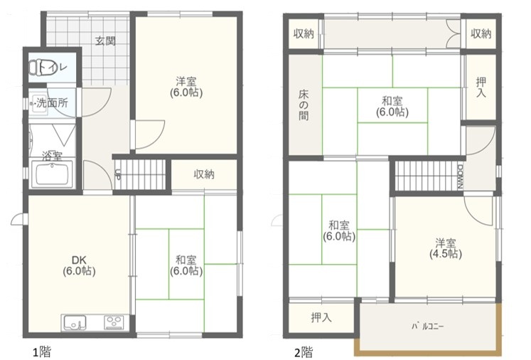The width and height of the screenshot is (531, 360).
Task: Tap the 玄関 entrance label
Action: point(105,41)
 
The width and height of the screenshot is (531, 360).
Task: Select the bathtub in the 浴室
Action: point(52,174)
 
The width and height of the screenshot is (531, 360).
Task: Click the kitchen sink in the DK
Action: point(74,322)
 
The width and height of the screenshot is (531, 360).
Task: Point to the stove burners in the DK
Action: point(114,322)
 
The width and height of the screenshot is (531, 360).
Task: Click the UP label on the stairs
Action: point(117,174)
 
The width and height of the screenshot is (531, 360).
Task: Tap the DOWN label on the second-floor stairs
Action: point(460,176)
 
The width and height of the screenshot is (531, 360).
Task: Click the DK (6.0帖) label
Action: point(79,265)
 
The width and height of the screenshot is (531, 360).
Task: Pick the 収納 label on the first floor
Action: point(204,174)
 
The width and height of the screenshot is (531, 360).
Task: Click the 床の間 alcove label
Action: point(304,105)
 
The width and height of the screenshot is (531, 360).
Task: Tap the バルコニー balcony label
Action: point(428,327)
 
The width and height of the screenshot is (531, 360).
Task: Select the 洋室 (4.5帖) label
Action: point(446,248)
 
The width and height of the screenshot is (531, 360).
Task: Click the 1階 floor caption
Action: point(42,352)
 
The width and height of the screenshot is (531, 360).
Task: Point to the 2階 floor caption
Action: point(304,352)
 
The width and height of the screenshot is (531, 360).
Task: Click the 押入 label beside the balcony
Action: point(321,317)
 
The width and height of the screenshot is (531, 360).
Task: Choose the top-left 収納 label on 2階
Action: point(304,33)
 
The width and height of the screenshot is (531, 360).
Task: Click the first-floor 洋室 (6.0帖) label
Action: point(186,87)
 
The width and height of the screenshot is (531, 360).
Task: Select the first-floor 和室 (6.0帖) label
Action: point(186,265)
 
